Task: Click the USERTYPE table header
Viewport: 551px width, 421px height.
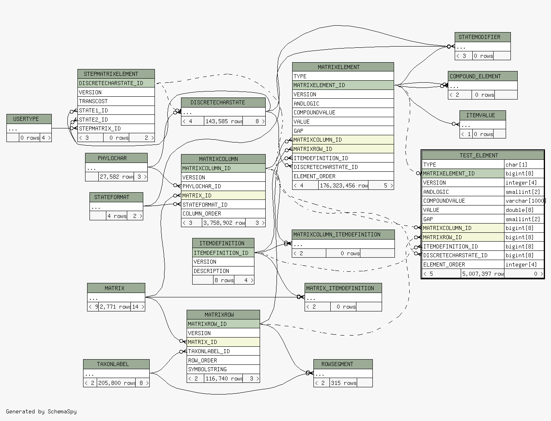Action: pyautogui.click(x=29, y=119)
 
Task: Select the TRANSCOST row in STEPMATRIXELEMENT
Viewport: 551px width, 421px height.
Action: pyautogui.click(x=116, y=101)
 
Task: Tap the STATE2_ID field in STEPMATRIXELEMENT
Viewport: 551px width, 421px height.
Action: pyautogui.click(x=116, y=120)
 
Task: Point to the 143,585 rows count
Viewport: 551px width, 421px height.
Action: pyautogui.click(x=224, y=122)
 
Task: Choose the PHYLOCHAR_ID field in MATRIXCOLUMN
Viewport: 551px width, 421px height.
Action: pyautogui.click(x=223, y=186)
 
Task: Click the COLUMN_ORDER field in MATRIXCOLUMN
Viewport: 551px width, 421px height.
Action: pyautogui.click(x=223, y=214)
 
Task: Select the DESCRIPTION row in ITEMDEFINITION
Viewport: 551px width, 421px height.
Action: pyautogui.click(x=223, y=271)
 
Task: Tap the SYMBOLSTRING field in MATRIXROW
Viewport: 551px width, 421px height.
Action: pyautogui.click(x=223, y=369)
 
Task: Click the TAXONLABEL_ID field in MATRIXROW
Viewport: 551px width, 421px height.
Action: pyautogui.click(x=223, y=351)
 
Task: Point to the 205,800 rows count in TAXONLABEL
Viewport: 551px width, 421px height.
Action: pyautogui.click(x=116, y=383)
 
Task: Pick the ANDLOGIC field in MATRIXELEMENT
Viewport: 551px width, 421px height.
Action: pyautogui.click(x=343, y=104)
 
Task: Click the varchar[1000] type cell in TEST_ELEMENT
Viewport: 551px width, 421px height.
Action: pyautogui.click(x=524, y=201)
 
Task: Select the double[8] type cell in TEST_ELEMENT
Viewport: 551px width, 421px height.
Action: pyautogui.click(x=524, y=210)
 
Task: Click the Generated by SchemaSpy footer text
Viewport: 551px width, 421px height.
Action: pyautogui.click(x=41, y=411)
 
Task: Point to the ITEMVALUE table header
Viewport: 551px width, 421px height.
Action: pyautogui.click(x=482, y=116)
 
